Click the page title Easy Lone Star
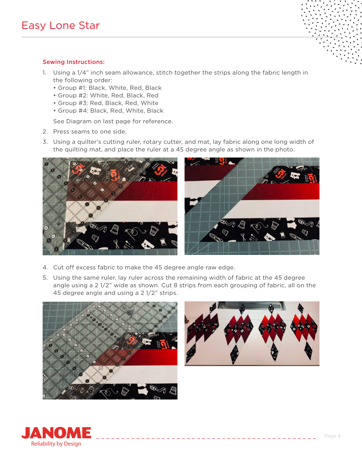point(61,25)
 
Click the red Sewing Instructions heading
point(74,62)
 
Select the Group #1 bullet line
point(109,88)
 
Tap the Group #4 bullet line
point(110,111)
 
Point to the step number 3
point(45,142)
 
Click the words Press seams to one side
point(90,132)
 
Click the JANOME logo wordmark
point(56,433)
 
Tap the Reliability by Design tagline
point(56,444)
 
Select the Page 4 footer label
point(332,436)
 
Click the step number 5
point(45,278)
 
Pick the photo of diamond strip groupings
point(252,334)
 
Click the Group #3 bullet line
point(108,103)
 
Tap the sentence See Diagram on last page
point(113,121)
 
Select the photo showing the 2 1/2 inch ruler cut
point(110,350)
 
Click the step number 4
point(45,267)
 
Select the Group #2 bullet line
point(108,96)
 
